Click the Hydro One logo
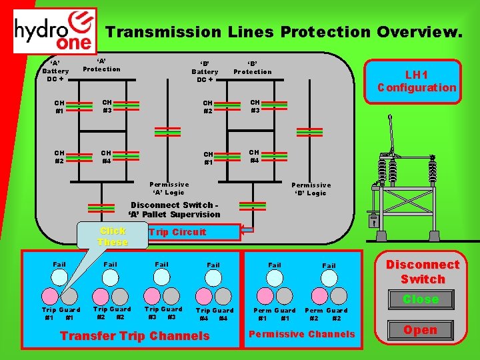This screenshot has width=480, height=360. pos(55,30)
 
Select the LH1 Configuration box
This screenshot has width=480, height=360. pos(417,81)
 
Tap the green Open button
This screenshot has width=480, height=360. pos(420,330)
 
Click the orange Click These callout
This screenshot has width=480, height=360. pos(112,236)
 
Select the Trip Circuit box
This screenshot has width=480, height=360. pos(193,232)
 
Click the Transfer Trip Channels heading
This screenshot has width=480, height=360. pos(135,336)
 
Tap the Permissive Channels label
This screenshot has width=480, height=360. pos(302,334)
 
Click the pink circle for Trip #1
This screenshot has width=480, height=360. pos(51,295)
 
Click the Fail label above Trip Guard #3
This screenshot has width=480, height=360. pos(162,265)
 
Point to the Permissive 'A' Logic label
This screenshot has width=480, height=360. pos(169,188)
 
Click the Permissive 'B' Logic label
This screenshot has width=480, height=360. pos(311,189)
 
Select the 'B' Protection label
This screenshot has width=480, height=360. pos(253,68)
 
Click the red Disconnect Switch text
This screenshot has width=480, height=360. pos(423,271)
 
